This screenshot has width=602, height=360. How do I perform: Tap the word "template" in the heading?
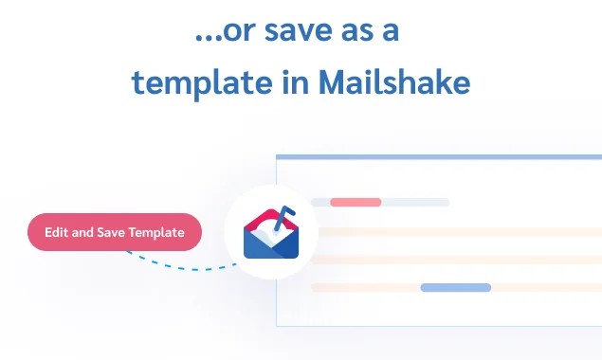coord(193,83)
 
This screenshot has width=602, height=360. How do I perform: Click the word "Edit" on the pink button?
coord(56,232)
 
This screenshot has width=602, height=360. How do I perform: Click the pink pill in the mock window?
coord(356,202)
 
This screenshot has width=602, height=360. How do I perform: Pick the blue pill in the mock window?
coord(455,287)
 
